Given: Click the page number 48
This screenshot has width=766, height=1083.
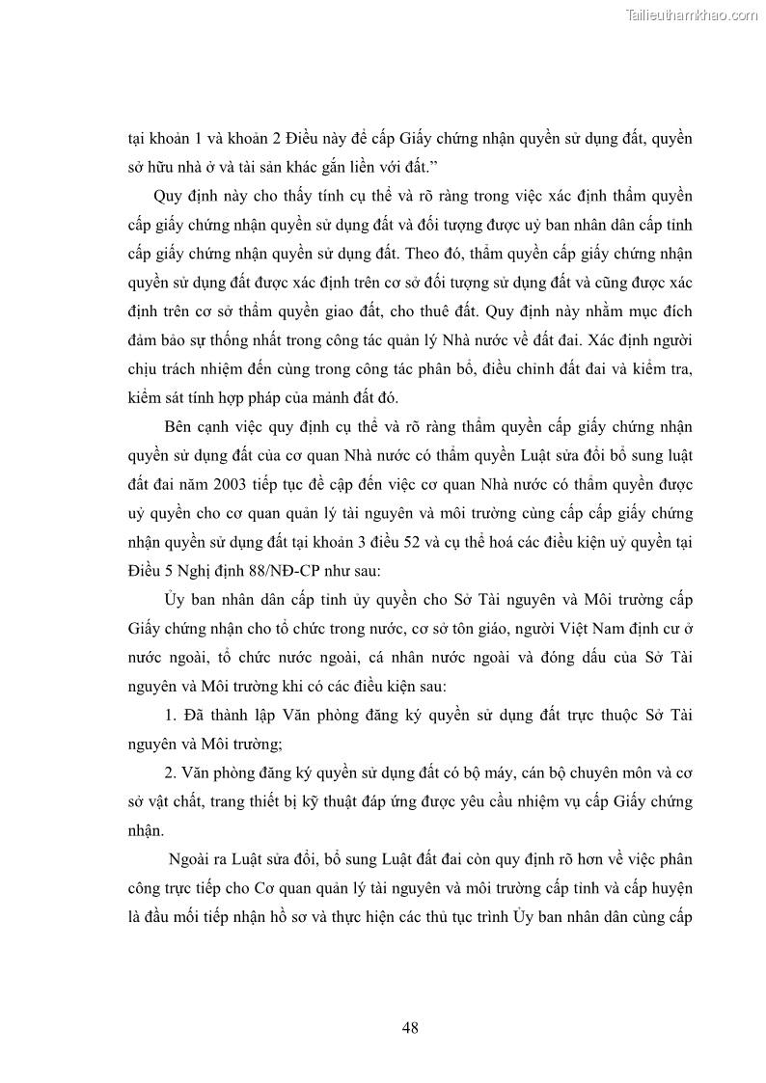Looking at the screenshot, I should pos(410,1028).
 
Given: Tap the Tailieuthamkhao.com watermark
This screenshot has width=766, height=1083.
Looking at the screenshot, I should pos(692,14).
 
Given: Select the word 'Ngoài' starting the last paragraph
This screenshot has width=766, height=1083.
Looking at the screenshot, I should pos(193,857).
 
